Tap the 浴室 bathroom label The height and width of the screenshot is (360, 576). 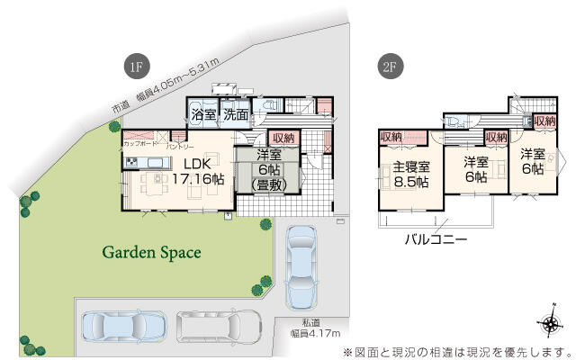click(203, 114)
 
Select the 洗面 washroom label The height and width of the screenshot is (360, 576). click(236, 114)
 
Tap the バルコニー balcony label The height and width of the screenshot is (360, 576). click(435, 240)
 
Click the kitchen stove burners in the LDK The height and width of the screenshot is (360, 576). click(131, 163)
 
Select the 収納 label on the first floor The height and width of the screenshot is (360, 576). click(283, 138)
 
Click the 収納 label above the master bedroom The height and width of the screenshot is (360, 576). click(391, 136)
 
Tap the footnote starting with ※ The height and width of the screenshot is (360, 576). click(457, 350)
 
